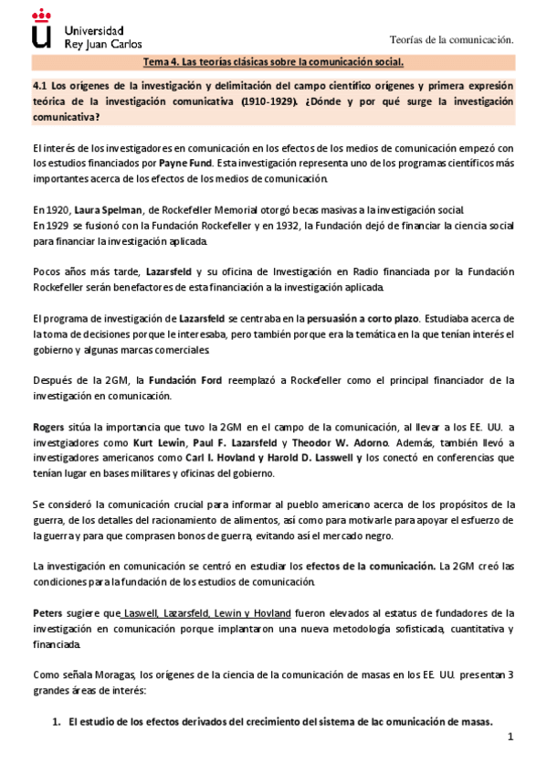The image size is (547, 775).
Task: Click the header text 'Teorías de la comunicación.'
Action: [x=451, y=39]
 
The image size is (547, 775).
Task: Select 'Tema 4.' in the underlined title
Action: [x=163, y=62]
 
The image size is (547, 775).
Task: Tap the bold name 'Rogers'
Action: [x=47, y=427]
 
